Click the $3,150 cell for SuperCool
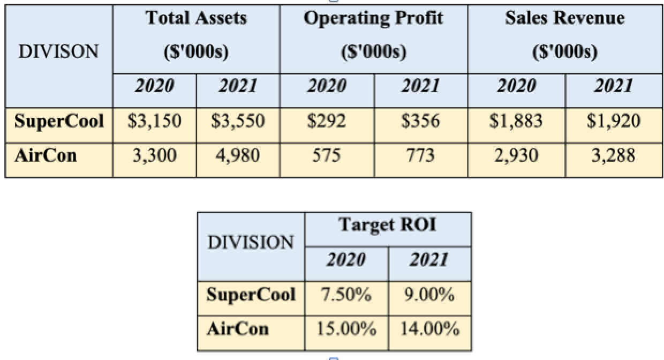[x=154, y=121]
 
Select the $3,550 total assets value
[x=238, y=121]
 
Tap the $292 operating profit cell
[x=327, y=121]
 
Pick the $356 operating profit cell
[x=421, y=121]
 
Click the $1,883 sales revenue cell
[x=517, y=121]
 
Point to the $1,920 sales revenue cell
[x=614, y=121]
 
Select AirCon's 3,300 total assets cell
[x=154, y=155]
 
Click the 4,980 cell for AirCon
[x=238, y=155]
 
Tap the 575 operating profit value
[x=327, y=155]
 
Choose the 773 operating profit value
[x=421, y=155]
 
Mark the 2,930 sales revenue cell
[x=517, y=155]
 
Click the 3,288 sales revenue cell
[x=614, y=155]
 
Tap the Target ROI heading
[x=388, y=225]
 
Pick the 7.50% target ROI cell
[x=346, y=295]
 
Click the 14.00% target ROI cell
[x=430, y=329]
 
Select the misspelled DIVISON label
[x=59, y=52]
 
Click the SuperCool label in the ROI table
[x=251, y=295]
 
